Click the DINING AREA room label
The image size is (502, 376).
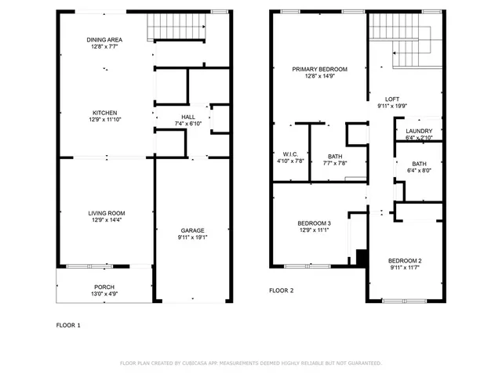(104, 39)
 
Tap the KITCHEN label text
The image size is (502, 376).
(104, 113)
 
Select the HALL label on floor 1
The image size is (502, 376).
(188, 117)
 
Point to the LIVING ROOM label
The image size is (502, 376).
(106, 213)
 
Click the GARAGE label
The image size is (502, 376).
(192, 230)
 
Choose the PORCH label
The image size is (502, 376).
(104, 287)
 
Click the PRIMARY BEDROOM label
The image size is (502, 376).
(319, 69)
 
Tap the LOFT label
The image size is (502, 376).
(393, 99)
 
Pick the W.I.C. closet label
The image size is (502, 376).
(289, 154)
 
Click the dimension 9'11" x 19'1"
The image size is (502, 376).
(192, 237)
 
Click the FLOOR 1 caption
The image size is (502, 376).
(67, 324)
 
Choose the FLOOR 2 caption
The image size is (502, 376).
(281, 291)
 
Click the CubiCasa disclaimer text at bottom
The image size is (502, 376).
(250, 363)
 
